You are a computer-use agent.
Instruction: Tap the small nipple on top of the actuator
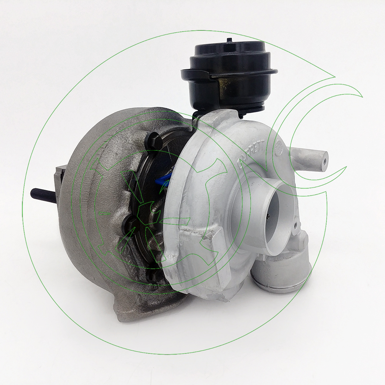coord(229,39)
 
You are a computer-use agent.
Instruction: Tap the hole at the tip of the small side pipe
coord(326,158)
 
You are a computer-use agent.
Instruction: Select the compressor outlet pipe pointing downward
coord(281,273)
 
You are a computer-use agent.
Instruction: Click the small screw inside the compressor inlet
coord(268,217)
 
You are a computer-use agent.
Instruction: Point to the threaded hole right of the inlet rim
coord(295,225)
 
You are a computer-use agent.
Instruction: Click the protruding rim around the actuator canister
coord(266,72)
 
